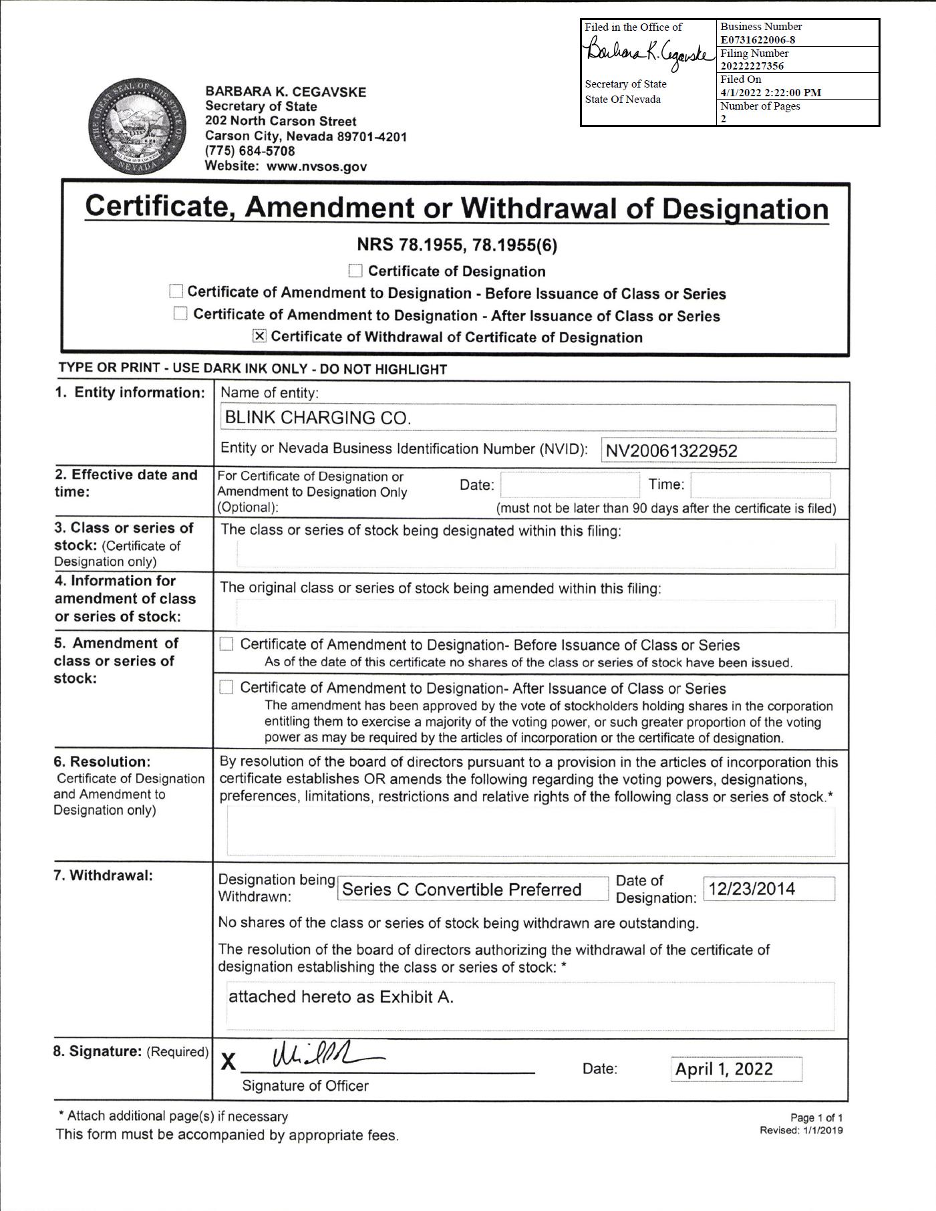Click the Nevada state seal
click(138, 127)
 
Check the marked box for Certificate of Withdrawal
click(259, 336)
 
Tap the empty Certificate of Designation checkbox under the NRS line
click(355, 271)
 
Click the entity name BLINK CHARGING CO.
click(318, 418)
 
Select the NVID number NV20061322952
click(671, 451)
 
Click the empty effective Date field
click(569, 485)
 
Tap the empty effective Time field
click(760, 485)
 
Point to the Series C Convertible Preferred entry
click(462, 890)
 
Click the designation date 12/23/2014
click(752, 889)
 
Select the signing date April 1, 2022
click(724, 1069)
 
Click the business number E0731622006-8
click(758, 39)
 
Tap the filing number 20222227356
click(752, 65)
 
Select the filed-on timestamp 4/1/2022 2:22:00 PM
click(771, 92)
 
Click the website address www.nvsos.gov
click(317, 166)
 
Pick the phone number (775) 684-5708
click(250, 151)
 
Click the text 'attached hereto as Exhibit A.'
click(341, 997)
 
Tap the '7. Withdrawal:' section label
click(103, 875)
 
